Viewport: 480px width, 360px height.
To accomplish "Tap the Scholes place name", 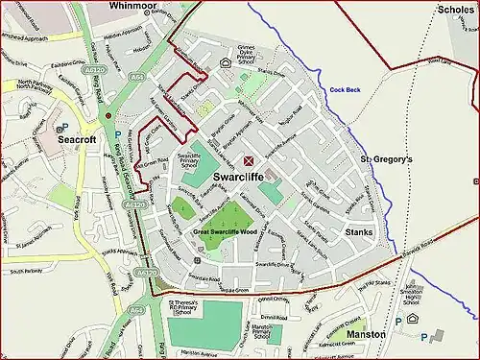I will click(454, 10).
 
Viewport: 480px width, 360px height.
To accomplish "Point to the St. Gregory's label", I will click(386, 158).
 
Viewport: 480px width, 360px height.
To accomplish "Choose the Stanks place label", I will click(361, 232).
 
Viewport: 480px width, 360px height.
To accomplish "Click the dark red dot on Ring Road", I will click(108, 115).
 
